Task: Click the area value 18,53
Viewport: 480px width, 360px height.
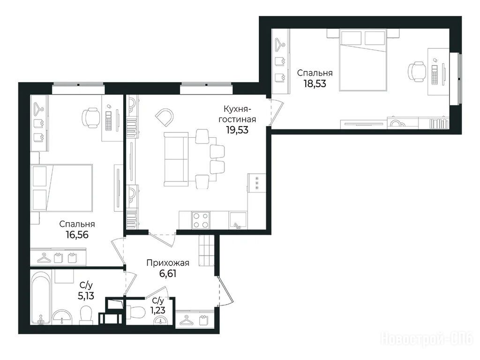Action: [x=315, y=83]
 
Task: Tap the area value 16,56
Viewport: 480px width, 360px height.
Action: [x=77, y=234]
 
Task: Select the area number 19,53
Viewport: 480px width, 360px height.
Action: [x=237, y=130]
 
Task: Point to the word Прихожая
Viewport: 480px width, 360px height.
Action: [x=168, y=262]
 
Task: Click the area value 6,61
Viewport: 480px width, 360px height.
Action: [x=168, y=273]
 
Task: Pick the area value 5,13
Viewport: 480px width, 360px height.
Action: [x=86, y=296]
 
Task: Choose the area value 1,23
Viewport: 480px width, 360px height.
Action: [x=157, y=310]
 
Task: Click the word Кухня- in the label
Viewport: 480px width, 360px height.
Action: [x=237, y=109]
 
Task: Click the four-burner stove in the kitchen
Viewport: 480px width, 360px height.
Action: [x=201, y=220]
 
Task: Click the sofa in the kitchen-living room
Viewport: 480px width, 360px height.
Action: [x=176, y=159]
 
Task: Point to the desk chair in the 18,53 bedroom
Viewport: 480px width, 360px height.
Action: [x=416, y=72]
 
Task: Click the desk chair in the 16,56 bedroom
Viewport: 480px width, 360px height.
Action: [x=91, y=118]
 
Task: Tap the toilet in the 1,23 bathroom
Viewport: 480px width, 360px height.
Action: [x=137, y=312]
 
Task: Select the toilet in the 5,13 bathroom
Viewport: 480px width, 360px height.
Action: [x=86, y=315]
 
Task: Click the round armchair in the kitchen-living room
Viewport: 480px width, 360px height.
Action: [x=165, y=117]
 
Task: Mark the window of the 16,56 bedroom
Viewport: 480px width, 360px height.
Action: [x=78, y=89]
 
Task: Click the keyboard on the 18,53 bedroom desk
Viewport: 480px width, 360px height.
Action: [x=435, y=75]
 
